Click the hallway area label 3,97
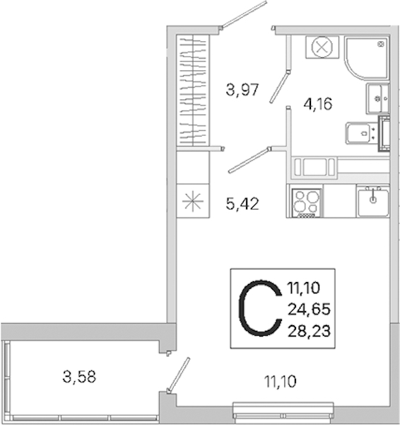pyautogui.click(x=242, y=90)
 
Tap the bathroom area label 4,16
pyautogui.click(x=318, y=104)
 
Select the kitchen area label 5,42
pyautogui.click(x=242, y=204)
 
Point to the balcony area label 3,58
pyautogui.click(x=79, y=377)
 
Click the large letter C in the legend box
pyautogui.click(x=259, y=308)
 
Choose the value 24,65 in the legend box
pyautogui.click(x=309, y=310)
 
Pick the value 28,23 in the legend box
pyautogui.click(x=309, y=331)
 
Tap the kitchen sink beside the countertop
pyautogui.click(x=373, y=201)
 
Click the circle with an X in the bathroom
pyautogui.click(x=322, y=47)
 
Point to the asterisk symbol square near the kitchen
pyautogui.click(x=193, y=201)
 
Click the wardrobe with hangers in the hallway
pyautogui.click(x=193, y=90)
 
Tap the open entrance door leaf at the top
pyautogui.click(x=244, y=14)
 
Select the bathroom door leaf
pyautogui.click(x=280, y=86)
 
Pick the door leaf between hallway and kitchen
pyautogui.click(x=249, y=161)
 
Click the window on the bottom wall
pyautogui.click(x=283, y=411)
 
